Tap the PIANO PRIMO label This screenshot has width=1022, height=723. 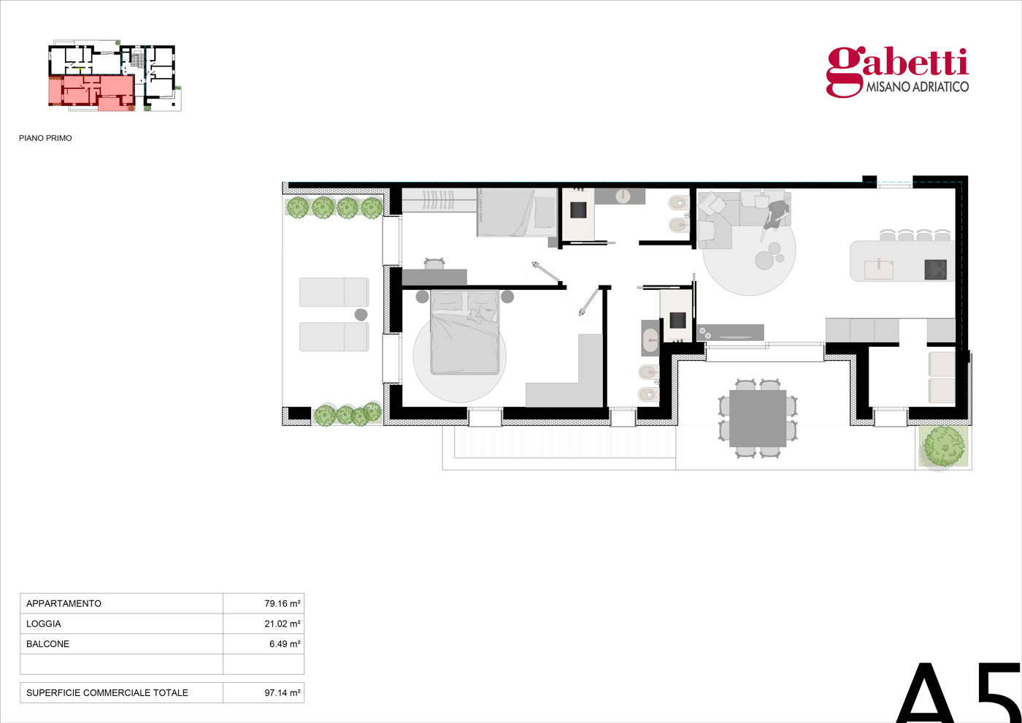45,138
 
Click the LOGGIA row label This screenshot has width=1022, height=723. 43,624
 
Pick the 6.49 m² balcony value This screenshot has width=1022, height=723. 285,644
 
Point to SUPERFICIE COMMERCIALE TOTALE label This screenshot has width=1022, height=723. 107,693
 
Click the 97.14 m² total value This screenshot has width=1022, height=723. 282,693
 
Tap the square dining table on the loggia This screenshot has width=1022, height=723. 758,418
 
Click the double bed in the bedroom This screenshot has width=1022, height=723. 464,333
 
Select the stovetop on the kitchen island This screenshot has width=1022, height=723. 935,269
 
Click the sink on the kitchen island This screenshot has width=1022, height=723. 879,269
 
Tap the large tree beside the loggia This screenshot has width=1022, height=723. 944,446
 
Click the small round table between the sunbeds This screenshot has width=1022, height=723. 361,315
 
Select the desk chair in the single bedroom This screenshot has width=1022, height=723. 434,264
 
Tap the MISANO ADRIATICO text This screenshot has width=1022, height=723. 917,87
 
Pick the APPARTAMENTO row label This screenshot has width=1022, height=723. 64,603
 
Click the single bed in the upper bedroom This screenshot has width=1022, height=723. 517,213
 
